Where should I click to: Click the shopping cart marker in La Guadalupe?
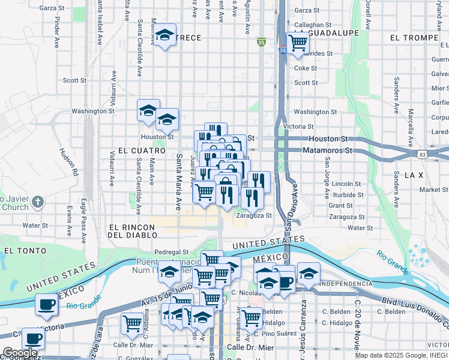(298, 43)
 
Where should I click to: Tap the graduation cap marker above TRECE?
(165, 35)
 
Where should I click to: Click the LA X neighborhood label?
(414, 175)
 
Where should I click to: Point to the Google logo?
(20, 353)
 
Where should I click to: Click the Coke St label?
(305, 68)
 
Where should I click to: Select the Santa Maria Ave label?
(178, 181)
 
